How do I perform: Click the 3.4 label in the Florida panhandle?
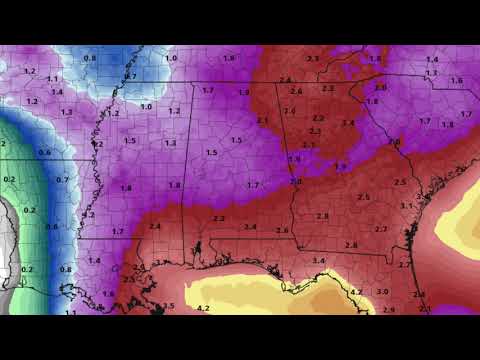(318, 261)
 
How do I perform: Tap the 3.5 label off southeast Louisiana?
(168, 306)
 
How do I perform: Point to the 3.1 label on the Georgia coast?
(406, 205)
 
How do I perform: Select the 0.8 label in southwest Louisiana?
(67, 269)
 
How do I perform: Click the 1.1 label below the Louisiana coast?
(69, 312)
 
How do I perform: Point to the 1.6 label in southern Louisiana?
(108, 293)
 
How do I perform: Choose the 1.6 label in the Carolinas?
(456, 80)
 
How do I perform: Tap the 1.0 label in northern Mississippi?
(146, 106)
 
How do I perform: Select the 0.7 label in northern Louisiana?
(62, 180)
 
